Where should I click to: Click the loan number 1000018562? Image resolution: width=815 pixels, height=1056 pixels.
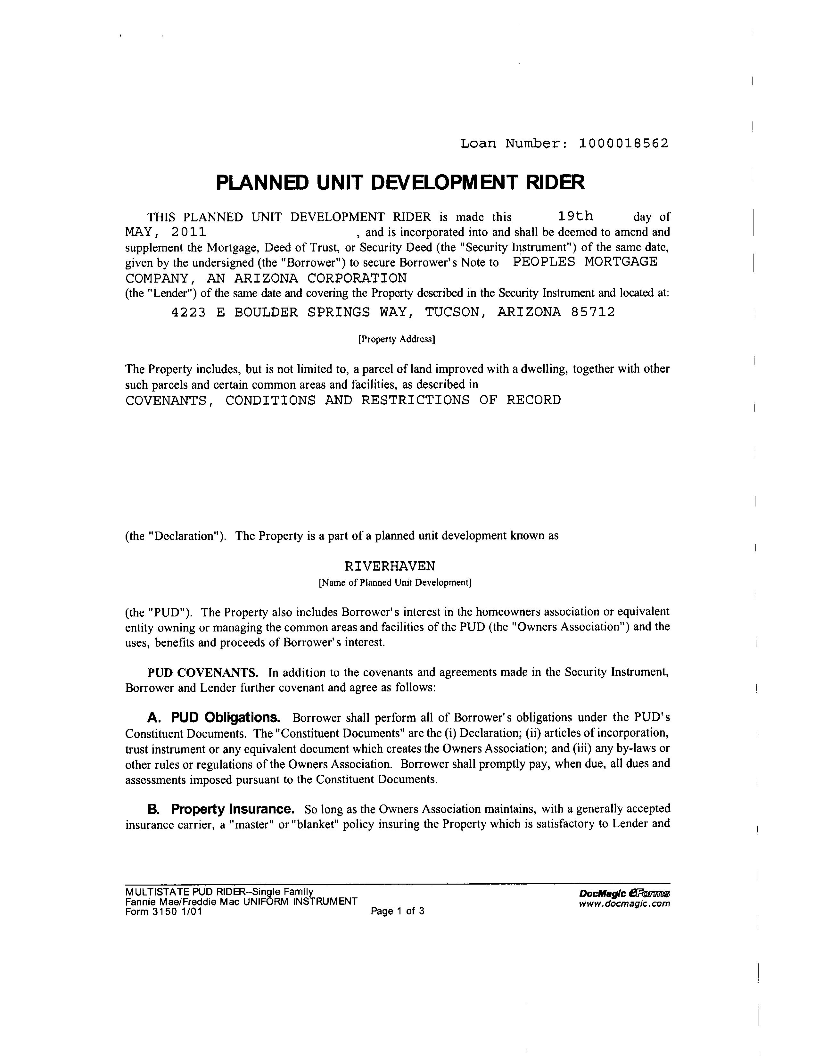point(623,144)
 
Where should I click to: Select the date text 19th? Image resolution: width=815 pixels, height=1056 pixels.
point(575,216)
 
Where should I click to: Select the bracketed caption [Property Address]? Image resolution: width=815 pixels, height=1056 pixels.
point(396,339)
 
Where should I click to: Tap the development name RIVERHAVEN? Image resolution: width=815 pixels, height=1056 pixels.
point(390,566)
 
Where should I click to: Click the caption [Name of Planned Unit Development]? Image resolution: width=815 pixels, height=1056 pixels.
point(394,583)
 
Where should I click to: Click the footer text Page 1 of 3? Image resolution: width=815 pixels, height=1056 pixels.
point(397,912)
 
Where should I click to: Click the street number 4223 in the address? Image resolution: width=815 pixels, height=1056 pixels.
point(188,312)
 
